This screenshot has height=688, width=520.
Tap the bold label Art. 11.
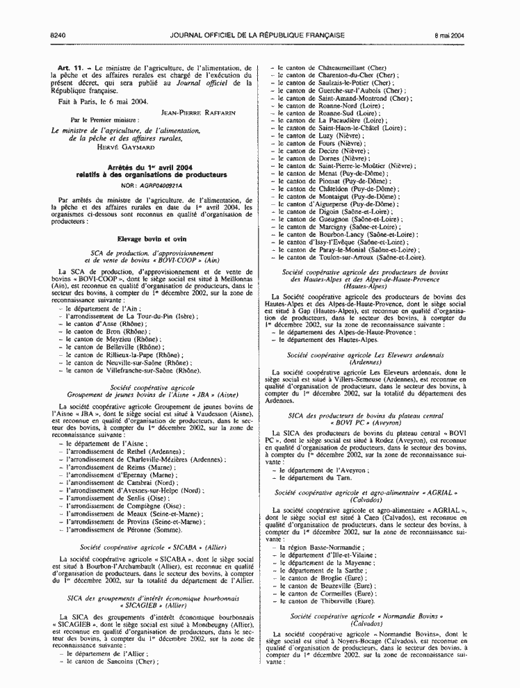tap(72, 67)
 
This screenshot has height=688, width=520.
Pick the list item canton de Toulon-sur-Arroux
tap(351, 257)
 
